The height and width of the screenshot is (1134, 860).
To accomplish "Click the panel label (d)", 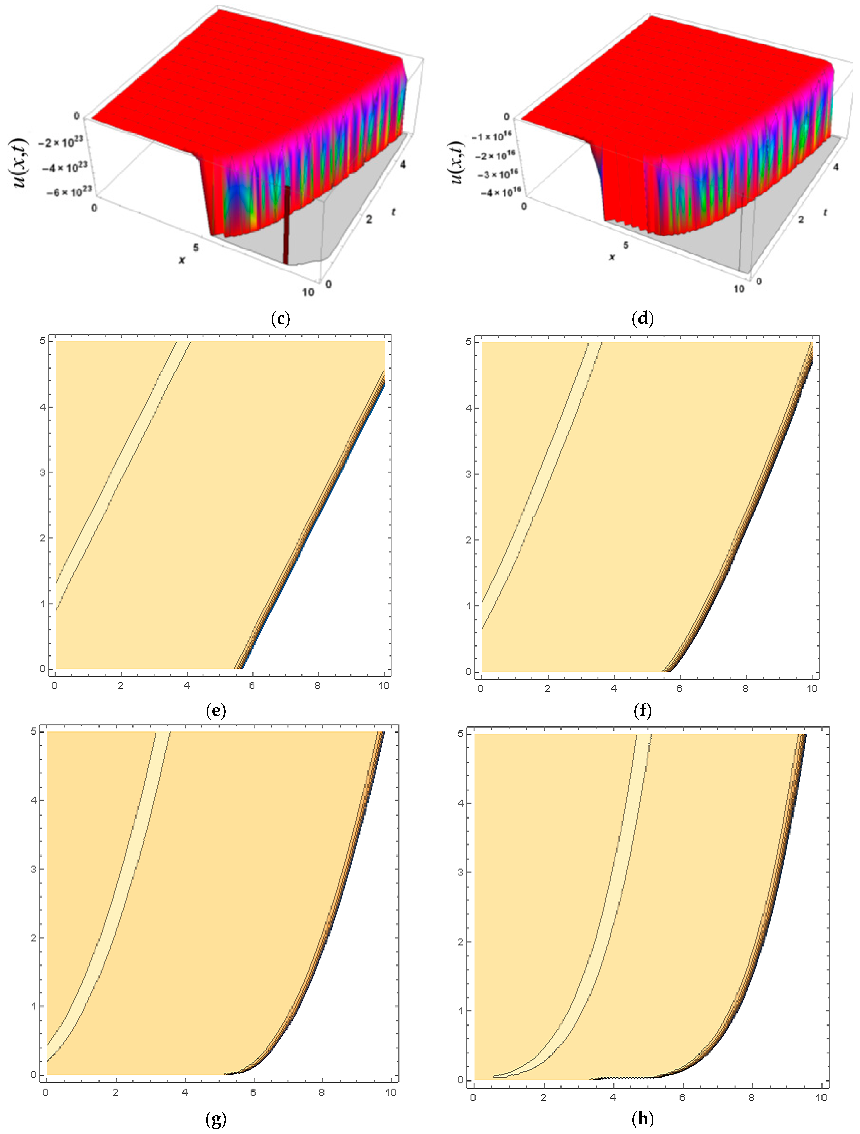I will click(x=643, y=319).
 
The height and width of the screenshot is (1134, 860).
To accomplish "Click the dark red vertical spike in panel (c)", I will click(x=287, y=226).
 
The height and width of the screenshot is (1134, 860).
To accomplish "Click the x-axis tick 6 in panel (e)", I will click(x=252, y=685).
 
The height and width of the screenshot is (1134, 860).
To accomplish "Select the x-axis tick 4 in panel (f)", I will click(x=614, y=688).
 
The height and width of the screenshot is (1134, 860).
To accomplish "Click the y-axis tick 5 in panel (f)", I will click(x=469, y=342).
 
